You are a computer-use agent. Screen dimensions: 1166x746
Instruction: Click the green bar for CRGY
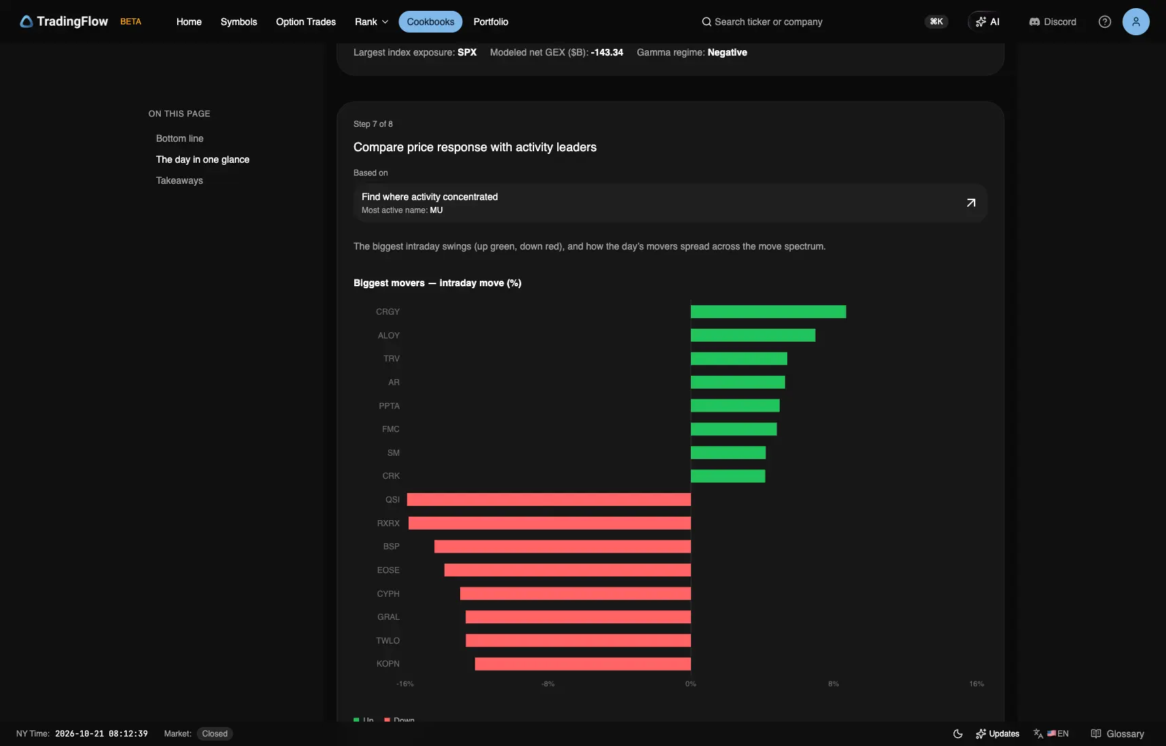[768, 312]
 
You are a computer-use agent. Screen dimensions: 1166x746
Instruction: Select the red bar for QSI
[549, 500]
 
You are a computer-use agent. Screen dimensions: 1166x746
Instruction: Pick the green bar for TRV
[739, 359]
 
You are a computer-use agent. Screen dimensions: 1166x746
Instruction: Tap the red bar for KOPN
[583, 664]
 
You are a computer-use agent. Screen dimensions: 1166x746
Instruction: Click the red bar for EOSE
[567, 570]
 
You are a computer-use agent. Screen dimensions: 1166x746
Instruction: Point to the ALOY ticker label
[389, 336]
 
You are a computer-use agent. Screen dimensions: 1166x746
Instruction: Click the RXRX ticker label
[388, 524]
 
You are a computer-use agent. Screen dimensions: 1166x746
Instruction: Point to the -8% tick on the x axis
[548, 684]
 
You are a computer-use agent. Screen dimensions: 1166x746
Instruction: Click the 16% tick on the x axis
[976, 684]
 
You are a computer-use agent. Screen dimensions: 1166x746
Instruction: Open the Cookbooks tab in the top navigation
[430, 22]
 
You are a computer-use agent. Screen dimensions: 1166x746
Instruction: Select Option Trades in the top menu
[305, 22]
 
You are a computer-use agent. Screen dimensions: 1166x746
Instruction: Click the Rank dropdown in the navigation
[371, 22]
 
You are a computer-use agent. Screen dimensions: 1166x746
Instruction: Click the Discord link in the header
[1053, 22]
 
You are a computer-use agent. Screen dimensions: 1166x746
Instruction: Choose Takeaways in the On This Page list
[179, 180]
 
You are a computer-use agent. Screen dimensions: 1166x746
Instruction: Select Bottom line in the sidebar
[180, 138]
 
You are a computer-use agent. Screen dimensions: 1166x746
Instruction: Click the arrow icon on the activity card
[971, 203]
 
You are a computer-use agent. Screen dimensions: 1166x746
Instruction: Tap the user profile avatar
[1136, 22]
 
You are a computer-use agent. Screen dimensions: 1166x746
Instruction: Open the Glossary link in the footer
[1117, 734]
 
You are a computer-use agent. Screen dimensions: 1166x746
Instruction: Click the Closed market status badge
[214, 734]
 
